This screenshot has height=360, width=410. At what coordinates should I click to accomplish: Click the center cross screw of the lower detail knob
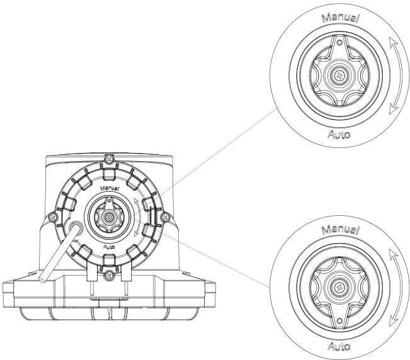(x=340, y=288)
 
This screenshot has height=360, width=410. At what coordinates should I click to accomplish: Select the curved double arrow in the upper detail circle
(x=393, y=76)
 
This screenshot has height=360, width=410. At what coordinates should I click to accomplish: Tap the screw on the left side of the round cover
(x=49, y=218)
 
